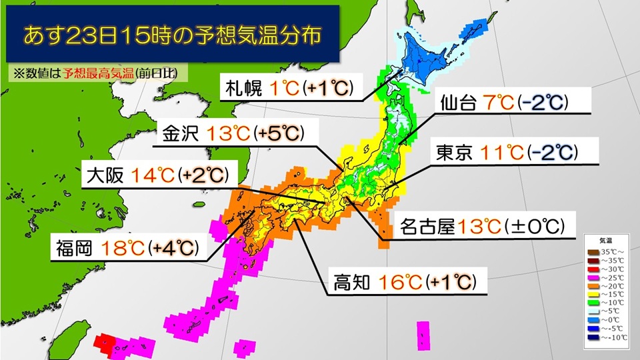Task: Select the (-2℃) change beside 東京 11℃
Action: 551,153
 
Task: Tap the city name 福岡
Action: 74,249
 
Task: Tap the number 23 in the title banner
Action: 85,35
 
